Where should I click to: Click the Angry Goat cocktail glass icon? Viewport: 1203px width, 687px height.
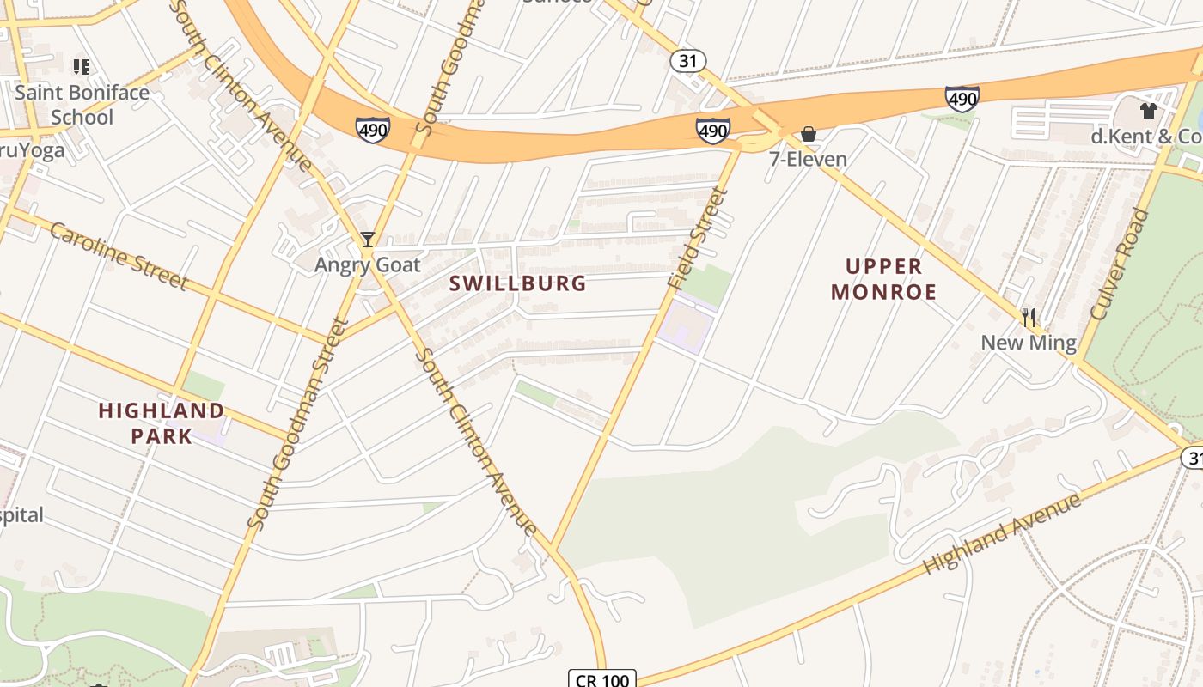coord(368,240)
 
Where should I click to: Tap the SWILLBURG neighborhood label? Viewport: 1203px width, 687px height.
coord(517,283)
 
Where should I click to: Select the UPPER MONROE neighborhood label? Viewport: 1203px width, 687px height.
coord(883,279)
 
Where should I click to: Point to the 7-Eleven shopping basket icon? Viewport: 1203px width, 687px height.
coord(808,134)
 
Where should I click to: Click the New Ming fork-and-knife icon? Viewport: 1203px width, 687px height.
coord(1029,318)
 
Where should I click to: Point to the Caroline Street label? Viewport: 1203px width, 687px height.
coord(119,256)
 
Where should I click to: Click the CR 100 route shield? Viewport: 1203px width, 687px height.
coord(602,679)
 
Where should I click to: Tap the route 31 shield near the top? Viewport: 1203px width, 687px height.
coord(688,61)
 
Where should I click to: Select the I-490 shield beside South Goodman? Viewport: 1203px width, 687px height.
coord(372,130)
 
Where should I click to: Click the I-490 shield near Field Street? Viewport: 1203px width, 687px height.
coord(713,131)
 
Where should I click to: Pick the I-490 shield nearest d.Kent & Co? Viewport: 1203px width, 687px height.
coord(962,99)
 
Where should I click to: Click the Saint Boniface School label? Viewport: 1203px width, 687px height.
coord(82,105)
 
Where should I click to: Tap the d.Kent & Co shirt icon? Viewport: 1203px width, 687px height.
coord(1148,110)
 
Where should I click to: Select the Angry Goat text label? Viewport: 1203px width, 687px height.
coord(368,264)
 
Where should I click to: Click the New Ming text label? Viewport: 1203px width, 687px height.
coord(1029,343)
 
